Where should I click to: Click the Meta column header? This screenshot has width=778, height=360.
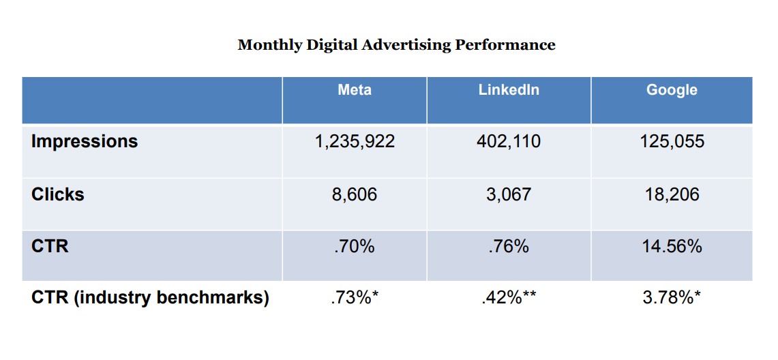(355, 90)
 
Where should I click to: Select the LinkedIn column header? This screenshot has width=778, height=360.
(509, 90)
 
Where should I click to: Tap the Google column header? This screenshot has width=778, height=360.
(672, 90)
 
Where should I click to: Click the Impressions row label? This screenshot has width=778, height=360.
(85, 141)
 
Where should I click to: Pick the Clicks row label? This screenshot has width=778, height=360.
(58, 194)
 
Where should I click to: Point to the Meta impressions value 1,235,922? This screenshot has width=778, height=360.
(355, 141)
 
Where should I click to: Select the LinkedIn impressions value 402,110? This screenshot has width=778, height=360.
(509, 141)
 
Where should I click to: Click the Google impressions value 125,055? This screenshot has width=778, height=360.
(672, 141)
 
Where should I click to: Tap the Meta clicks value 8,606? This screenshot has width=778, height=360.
(355, 194)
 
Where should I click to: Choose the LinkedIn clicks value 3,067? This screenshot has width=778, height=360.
(509, 194)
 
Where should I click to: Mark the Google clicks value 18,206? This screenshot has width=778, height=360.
(672, 194)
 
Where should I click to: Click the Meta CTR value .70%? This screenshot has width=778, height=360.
(355, 245)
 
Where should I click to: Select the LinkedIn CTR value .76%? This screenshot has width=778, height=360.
(509, 245)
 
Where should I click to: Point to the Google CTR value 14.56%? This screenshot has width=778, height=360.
(672, 245)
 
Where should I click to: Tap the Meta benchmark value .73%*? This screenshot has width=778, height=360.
(355, 298)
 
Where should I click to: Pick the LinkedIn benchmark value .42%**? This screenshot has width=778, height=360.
(509, 298)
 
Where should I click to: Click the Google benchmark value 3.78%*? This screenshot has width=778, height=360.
(672, 298)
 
